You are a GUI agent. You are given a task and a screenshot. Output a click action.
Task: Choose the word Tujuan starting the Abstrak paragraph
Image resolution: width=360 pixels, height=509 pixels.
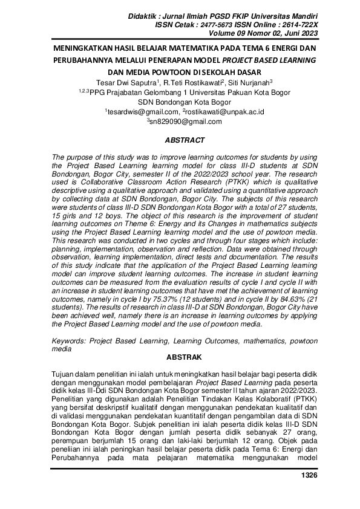(65, 374)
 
